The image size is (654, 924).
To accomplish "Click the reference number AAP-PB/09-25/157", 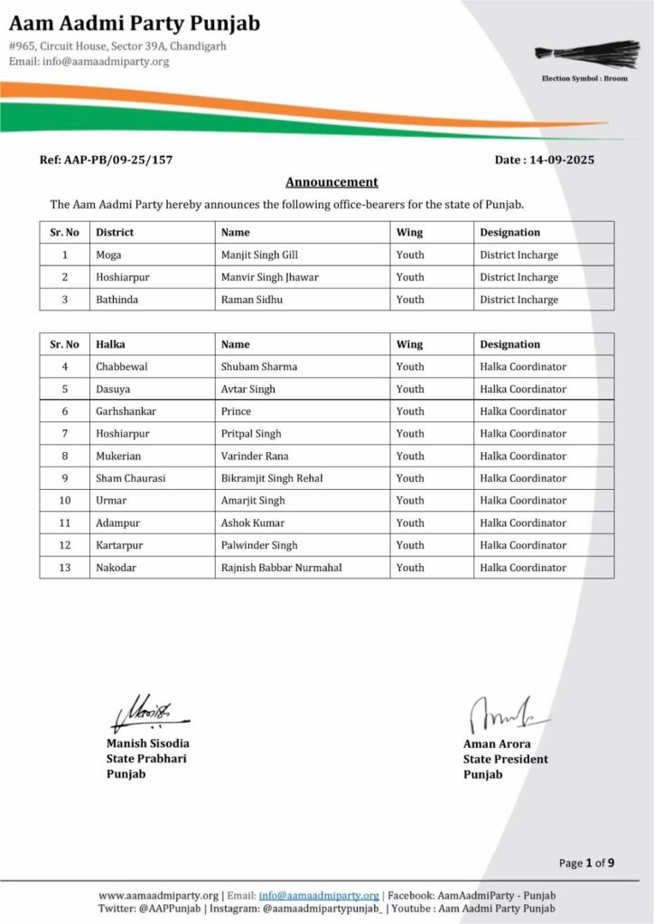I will coord(106,160).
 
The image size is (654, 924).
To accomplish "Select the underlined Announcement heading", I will coord(332,181).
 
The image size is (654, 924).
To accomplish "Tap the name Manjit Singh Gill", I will coord(259,255).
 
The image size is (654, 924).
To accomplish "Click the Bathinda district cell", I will coord(117,300).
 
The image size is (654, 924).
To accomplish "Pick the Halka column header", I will coord(110,344).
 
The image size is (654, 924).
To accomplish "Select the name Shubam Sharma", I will coord(259,366).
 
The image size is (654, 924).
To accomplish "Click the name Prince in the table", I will coord(236,411).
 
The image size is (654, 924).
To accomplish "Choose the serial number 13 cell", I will coord(64,568).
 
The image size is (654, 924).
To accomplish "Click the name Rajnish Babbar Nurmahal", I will coord(281,568).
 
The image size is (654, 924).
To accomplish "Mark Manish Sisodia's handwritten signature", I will coord(145,713).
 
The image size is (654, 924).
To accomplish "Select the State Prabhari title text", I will coord(146,759).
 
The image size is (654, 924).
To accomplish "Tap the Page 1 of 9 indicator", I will coord(586,864).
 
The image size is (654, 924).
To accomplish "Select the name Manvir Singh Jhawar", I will coord(270,278).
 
